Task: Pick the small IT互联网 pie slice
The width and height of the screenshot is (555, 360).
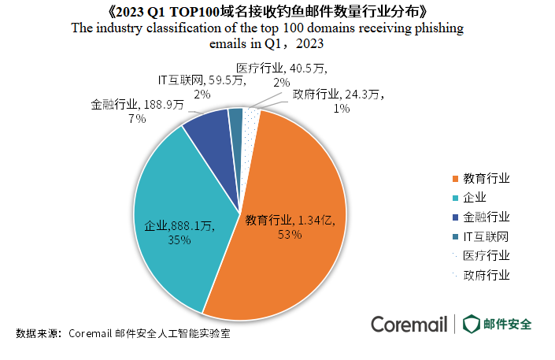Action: (235, 122)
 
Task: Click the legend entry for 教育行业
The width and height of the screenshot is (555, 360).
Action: (481, 179)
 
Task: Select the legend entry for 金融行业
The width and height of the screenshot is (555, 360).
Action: (481, 217)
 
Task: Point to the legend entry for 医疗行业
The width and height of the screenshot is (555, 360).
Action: (481, 256)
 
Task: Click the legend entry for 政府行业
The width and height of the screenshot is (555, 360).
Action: (481, 276)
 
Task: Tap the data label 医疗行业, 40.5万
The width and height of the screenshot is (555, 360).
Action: (275, 67)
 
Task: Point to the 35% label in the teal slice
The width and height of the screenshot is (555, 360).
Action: (179, 240)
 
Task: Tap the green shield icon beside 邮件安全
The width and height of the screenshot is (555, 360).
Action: (472, 324)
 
